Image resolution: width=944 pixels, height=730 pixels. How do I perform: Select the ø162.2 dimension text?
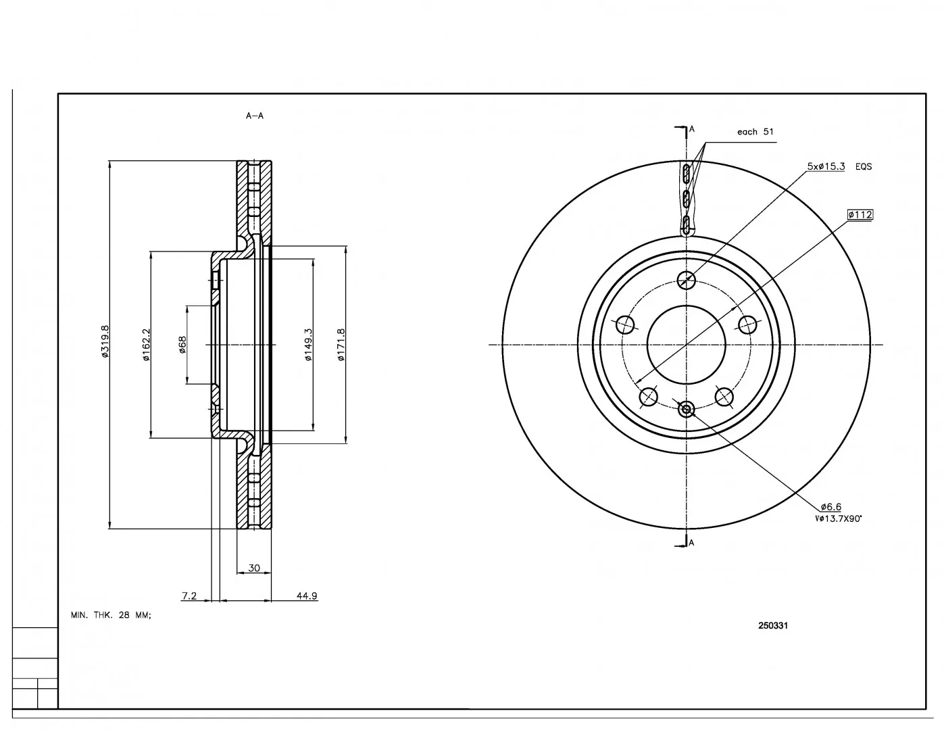pos(145,345)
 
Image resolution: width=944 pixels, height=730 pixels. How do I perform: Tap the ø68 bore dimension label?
pos(182,345)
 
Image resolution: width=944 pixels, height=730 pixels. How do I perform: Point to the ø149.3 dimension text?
pos(308,345)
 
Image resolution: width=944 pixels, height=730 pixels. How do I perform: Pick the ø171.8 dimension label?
pos(341,345)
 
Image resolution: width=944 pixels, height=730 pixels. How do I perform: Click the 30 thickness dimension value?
pos(254,568)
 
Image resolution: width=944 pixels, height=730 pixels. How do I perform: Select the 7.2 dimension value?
pos(189,595)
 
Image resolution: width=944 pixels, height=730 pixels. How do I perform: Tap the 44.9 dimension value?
pos(307,595)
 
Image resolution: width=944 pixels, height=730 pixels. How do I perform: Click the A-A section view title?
pos(255,116)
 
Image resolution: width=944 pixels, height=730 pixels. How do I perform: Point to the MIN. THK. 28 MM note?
pos(111,615)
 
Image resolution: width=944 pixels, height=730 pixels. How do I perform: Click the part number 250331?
pos(773,625)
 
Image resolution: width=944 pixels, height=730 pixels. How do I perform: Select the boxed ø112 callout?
pos(860,215)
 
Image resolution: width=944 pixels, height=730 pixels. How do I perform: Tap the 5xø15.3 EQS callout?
pos(839,166)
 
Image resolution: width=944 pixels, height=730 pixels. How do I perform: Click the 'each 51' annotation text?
pos(755,131)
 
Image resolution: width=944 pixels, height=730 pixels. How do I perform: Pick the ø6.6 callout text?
pos(830,507)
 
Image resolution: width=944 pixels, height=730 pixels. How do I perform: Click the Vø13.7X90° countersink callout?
pos(839,518)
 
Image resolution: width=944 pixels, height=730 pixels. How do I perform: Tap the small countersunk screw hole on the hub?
pos(687,409)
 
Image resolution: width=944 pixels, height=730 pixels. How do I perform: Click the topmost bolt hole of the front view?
pos(687,281)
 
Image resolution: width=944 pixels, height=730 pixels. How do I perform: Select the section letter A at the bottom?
pos(691,543)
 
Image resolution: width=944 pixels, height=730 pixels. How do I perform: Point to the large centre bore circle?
pos(687,306)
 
